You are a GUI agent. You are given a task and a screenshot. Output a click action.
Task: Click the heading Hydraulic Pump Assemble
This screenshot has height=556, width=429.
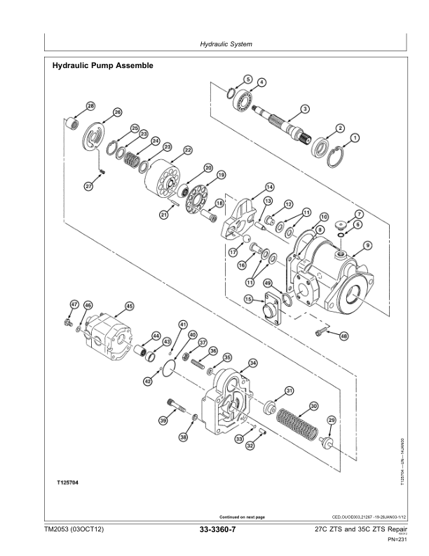pos(103,65)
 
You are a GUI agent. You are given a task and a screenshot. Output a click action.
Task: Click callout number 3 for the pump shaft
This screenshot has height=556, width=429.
pos(305,109)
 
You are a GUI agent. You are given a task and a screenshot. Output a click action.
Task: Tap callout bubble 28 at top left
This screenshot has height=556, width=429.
pos(90,105)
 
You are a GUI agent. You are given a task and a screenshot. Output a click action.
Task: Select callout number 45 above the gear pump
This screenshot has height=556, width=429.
pos(129,305)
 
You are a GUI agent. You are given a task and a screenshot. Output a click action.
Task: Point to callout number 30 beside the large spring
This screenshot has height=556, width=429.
pos(313,406)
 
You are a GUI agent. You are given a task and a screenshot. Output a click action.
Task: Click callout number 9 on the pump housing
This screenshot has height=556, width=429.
pos(367,245)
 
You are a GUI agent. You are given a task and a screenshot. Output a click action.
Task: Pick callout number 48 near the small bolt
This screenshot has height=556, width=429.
pos(344,336)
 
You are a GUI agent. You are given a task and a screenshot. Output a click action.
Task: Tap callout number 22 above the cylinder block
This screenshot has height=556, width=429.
pos(188,150)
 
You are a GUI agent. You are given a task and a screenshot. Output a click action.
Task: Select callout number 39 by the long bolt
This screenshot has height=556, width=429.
pos(163,421)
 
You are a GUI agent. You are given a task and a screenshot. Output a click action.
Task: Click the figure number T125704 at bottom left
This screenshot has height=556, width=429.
pos(67,484)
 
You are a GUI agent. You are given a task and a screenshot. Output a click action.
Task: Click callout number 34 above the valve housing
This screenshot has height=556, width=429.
pos(253,362)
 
